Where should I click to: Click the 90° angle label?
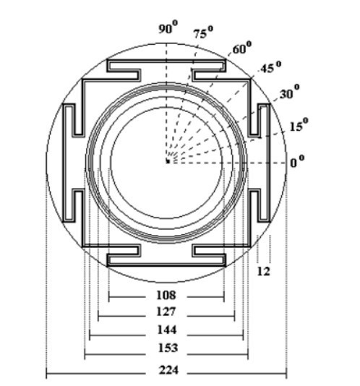coord(168,27)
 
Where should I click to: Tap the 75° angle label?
coord(203,33)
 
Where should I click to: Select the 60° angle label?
coord(242,48)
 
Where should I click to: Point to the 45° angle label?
coord(270,67)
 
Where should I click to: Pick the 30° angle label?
coord(290,92)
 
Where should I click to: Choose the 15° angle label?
coord(299,125)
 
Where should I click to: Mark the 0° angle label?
coord(297,161)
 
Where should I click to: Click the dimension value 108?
coord(166,295)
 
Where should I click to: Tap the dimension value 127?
coord(166,312)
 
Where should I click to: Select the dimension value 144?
coord(167,330)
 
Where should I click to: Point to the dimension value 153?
coord(168,348)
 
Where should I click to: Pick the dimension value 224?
coord(168,370)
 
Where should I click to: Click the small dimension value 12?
coord(263,271)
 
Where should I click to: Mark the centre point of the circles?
coord(168,161)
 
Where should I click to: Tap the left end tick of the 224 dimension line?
coord(46,374)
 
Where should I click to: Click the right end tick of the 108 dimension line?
coord(224,297)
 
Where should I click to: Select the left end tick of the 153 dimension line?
coord(85,354)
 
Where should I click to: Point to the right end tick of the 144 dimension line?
coord(244,335)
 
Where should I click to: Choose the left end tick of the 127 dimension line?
coord(98,316)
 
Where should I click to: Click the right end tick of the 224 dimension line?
coord(286,374)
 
